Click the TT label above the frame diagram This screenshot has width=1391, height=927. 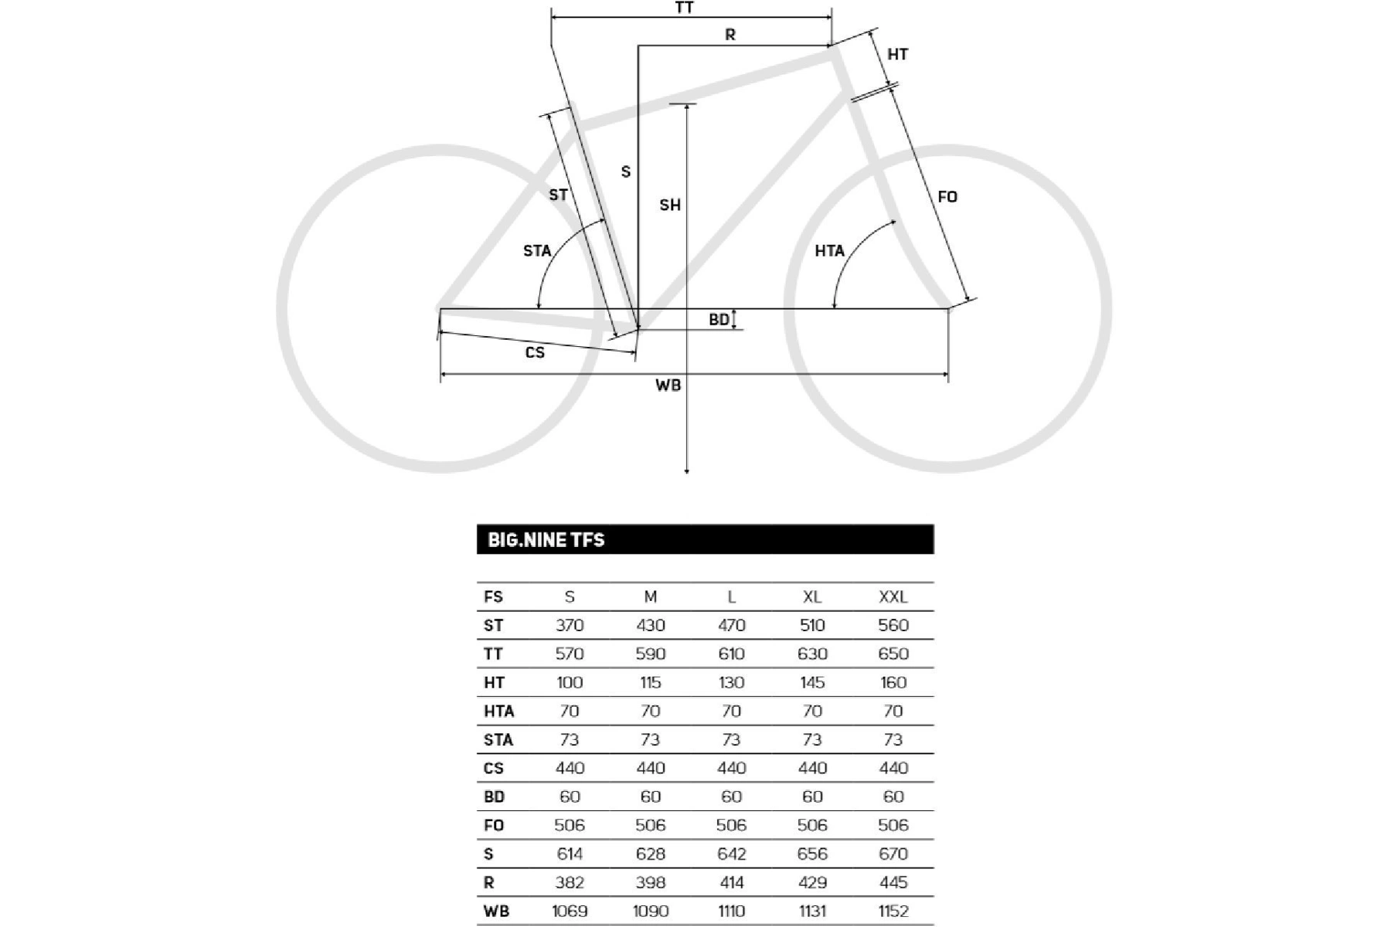684,8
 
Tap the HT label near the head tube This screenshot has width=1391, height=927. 897,54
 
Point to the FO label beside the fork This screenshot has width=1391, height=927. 947,197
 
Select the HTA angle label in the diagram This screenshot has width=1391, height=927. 829,250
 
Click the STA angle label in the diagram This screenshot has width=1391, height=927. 537,250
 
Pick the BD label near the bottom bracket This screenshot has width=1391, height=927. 719,319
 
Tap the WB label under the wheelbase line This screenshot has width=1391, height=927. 668,385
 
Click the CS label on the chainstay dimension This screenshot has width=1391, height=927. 535,352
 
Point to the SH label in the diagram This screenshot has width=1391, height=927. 670,205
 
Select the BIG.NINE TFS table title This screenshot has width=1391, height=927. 546,539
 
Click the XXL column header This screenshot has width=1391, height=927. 893,596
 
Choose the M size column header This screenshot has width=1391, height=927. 650,596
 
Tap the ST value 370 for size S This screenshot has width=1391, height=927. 570,625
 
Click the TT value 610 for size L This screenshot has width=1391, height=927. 731,654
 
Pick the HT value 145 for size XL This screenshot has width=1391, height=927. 812,682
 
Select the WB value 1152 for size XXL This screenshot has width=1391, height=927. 893,911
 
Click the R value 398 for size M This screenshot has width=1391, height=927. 650,882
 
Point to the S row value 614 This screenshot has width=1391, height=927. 570,854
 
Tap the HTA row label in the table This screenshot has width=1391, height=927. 498,711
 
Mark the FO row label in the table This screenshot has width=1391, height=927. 494,825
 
